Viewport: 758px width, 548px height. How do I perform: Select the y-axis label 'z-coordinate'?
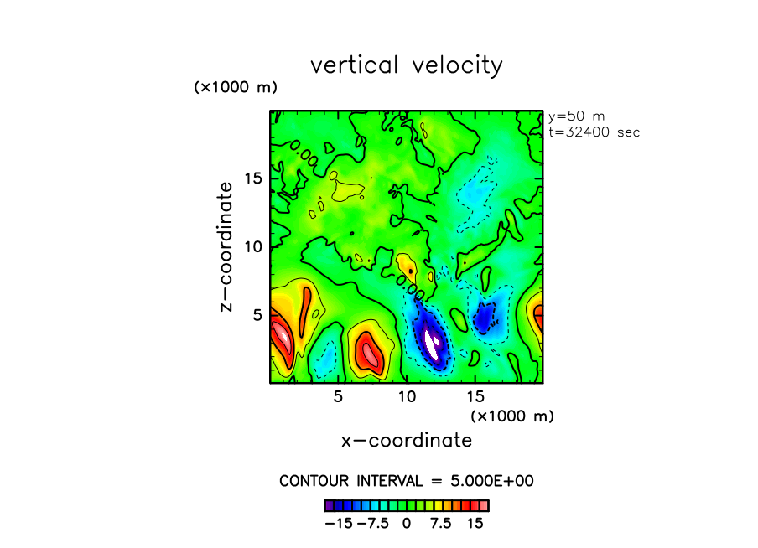226,251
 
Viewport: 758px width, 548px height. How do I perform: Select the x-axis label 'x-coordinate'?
406,440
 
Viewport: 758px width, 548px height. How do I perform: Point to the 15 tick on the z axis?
254,178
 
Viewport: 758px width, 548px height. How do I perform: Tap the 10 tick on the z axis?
254,246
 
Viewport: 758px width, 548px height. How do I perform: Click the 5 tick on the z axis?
259,314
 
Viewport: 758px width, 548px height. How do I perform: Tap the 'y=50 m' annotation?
576,116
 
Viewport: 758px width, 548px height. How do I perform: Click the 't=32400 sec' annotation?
594,132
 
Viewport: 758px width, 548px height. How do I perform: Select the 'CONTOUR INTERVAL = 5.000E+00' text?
407,481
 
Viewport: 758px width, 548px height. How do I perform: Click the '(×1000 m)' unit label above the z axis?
236,87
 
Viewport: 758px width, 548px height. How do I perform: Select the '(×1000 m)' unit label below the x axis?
511,416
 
